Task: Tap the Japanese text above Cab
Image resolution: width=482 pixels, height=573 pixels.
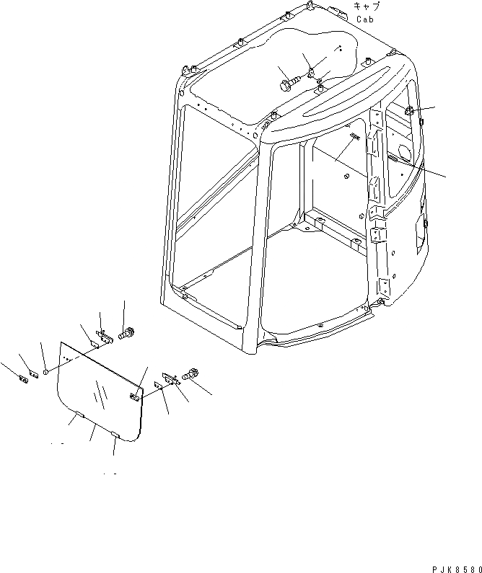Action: (x=367, y=6)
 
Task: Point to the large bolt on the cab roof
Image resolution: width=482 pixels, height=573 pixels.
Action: (x=286, y=84)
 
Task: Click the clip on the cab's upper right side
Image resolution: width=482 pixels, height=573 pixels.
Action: (x=409, y=112)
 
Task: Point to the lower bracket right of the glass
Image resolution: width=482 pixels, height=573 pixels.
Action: (x=170, y=378)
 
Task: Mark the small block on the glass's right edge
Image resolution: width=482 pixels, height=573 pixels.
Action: (x=134, y=396)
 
